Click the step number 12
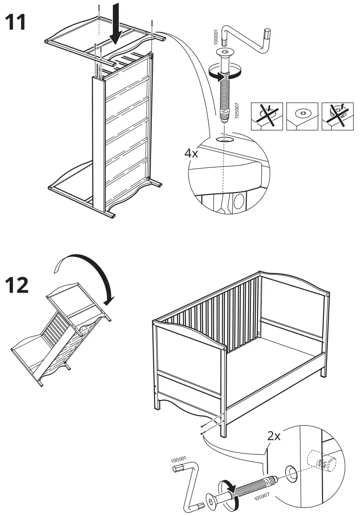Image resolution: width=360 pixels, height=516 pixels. click(17, 285)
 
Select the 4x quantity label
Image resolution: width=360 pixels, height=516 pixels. click(191, 153)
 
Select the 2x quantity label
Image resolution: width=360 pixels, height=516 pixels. click(274, 437)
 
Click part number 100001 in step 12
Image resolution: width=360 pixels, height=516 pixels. click(178, 460)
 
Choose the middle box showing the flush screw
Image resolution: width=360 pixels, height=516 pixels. click(302, 116)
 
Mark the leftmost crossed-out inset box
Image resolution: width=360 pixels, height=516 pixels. click(266, 116)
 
